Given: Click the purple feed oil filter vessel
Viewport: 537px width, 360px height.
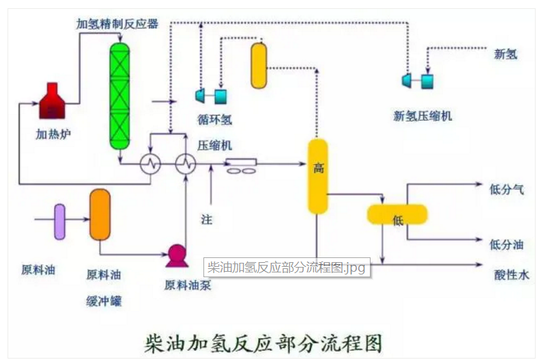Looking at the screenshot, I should [60, 221].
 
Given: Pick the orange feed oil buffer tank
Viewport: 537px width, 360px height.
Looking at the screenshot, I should [100, 214].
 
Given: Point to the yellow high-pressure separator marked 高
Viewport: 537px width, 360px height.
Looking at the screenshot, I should [318, 176].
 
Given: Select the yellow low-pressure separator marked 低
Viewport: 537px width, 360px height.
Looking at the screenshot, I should [397, 216].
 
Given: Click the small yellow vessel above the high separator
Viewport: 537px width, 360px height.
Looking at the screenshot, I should [259, 66].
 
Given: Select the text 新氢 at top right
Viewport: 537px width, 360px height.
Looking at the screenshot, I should [505, 54].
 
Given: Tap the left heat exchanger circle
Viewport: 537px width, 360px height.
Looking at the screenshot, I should [150, 164].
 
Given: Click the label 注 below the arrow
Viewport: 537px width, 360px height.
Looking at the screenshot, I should [206, 220].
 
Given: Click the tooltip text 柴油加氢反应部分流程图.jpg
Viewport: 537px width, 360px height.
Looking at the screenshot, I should [286, 267].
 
